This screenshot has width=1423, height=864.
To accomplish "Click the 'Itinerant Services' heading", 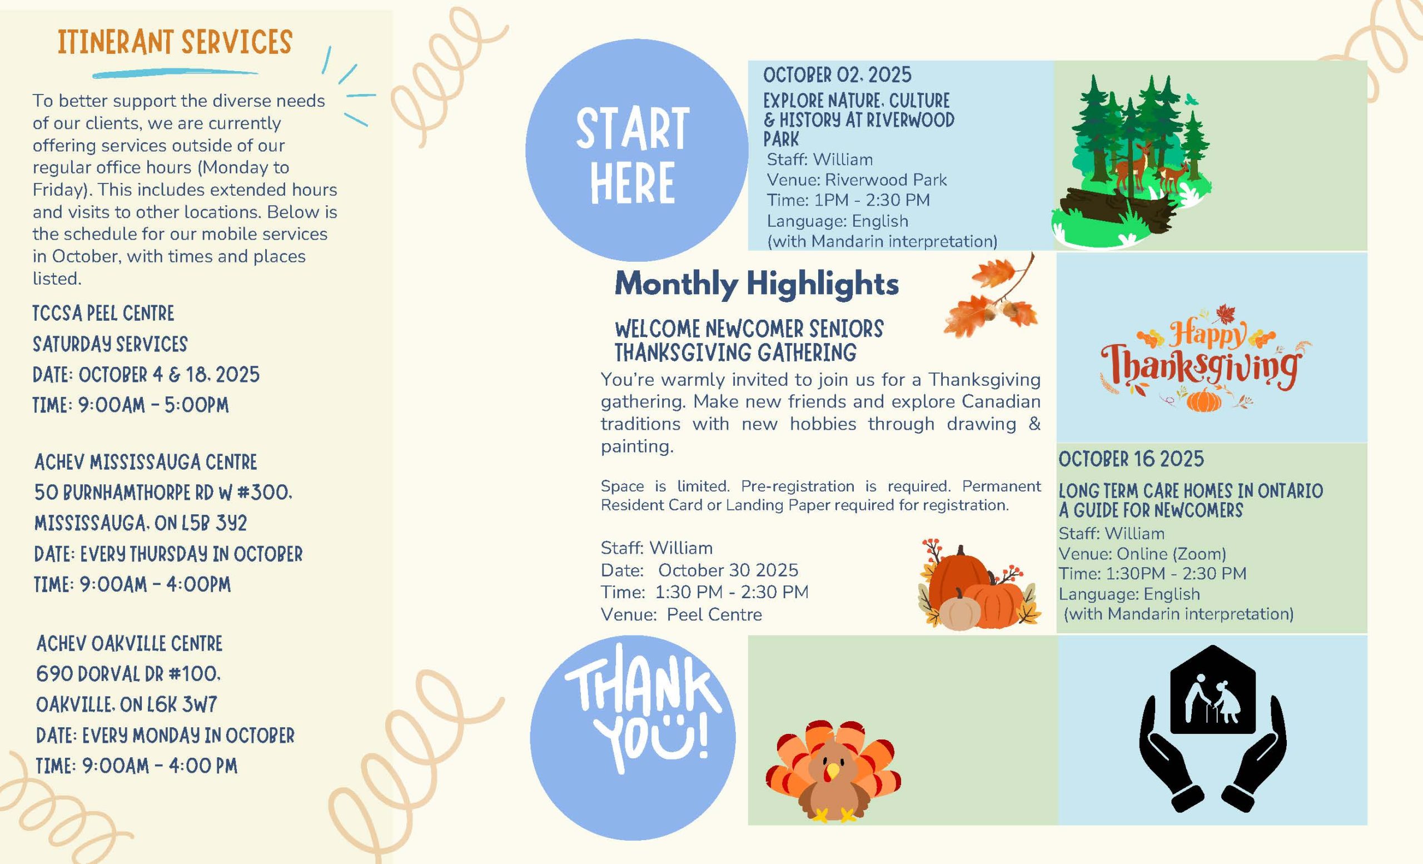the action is coord(175,42).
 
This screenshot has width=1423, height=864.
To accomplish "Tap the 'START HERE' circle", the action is coord(636,150).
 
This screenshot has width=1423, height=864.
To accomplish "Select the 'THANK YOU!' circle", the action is coord(633,738).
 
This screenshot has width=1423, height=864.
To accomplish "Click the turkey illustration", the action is coord(833,771).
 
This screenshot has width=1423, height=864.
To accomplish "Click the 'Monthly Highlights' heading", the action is coord(757,284).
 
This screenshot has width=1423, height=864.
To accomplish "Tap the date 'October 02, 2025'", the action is coord(837,75).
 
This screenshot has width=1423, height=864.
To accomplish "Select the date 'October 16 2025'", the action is coord(1131,459).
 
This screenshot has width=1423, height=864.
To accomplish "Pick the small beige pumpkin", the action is coord(960,610).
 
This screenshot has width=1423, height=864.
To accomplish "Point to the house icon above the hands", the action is coord(1213,689).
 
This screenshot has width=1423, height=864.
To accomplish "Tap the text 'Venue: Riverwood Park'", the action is coord(857,180).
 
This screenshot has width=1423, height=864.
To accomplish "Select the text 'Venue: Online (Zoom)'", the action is coord(1142,554).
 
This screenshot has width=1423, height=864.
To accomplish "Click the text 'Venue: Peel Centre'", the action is coord(681,614).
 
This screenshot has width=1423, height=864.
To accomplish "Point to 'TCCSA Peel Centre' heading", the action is coord(103,314).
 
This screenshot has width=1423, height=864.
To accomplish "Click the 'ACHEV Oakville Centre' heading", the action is coord(130,643).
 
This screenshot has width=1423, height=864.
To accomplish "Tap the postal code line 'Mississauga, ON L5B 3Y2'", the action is coord(140,523).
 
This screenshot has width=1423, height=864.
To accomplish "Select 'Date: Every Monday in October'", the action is coord(165,735).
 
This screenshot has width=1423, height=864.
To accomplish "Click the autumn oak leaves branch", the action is coord(991,297).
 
